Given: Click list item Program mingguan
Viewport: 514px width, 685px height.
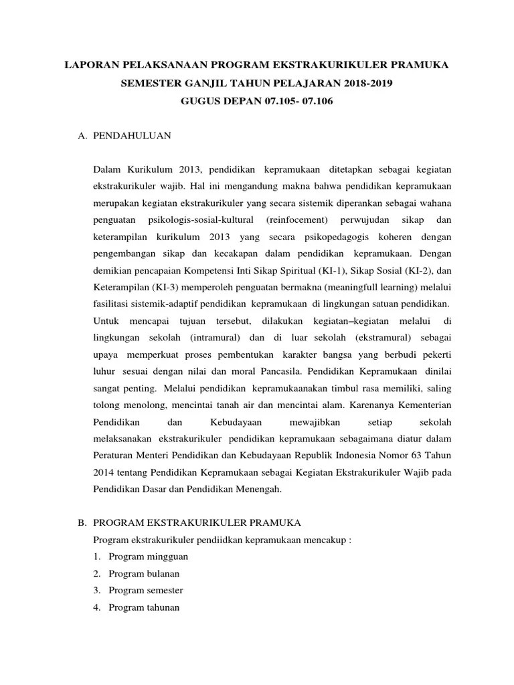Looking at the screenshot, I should tap(148, 556).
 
